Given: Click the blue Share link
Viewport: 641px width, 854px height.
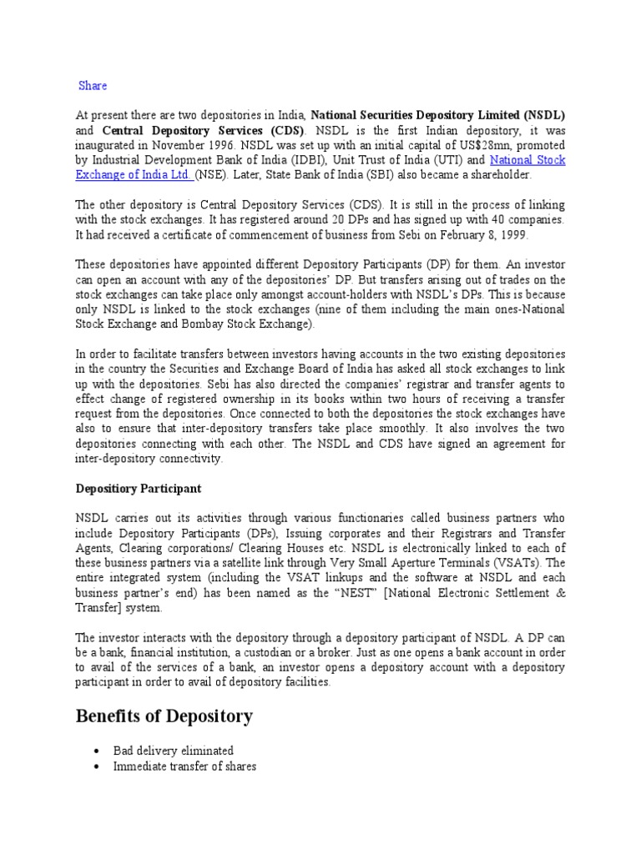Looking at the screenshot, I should coord(93,86).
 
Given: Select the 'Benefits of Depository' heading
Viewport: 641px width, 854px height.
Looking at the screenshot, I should coord(164,716).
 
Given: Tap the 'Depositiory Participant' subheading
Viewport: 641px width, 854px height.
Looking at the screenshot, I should coord(139,488).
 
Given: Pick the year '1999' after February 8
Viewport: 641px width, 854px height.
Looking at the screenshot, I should coord(509,235).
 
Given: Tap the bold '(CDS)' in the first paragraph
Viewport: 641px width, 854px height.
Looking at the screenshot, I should coord(285,130).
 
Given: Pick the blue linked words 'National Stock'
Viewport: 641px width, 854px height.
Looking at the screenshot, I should coord(527,160).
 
